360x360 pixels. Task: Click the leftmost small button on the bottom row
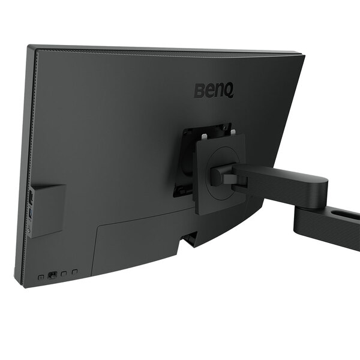tap(41, 277)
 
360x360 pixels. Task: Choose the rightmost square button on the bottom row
tap(74, 272)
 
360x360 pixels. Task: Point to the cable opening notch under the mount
tap(190, 239)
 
